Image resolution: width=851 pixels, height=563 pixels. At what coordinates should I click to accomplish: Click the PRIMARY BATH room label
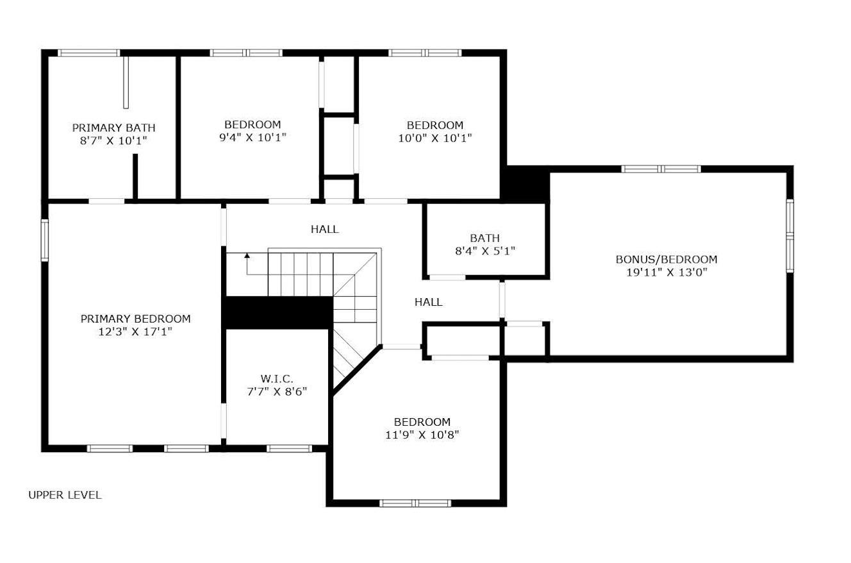click(113, 128)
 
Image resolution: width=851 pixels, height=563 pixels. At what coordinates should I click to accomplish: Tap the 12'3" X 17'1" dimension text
click(135, 332)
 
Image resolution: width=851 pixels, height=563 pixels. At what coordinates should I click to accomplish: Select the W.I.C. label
click(277, 378)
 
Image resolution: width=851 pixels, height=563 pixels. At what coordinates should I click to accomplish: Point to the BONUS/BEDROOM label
click(666, 259)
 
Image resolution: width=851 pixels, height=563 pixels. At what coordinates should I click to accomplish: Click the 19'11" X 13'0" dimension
click(666, 273)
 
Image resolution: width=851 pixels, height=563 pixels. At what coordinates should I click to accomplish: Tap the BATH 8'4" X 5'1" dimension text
click(484, 251)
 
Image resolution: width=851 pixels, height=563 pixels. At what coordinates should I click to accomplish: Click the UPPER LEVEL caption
click(65, 495)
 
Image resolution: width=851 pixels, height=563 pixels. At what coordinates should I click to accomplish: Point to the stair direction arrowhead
click(247, 256)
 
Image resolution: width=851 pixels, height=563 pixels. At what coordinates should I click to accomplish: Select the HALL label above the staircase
click(324, 229)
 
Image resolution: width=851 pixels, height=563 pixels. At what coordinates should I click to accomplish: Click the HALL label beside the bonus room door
click(428, 302)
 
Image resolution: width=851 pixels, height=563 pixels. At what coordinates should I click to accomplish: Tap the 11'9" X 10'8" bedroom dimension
click(422, 435)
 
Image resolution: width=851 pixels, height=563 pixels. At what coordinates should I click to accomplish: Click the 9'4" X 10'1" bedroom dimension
click(252, 137)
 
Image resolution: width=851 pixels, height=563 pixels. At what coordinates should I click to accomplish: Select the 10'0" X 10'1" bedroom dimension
click(434, 138)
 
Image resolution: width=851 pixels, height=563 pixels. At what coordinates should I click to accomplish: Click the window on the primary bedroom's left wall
click(45, 240)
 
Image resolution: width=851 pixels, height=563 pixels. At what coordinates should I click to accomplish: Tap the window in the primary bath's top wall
click(89, 53)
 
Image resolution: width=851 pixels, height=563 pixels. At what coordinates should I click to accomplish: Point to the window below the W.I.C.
click(289, 449)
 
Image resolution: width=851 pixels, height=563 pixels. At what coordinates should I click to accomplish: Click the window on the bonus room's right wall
click(790, 236)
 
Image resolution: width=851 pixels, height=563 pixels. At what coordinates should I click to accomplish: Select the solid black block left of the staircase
click(277, 312)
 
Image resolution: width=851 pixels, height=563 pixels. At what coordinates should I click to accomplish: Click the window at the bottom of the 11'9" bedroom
click(415, 503)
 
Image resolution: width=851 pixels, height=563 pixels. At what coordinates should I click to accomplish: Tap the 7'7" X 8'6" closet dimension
click(277, 392)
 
